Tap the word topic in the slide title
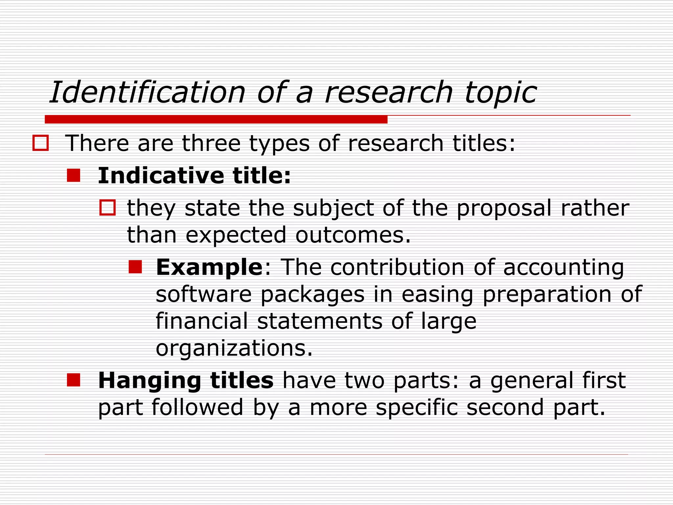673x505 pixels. [x=500, y=93]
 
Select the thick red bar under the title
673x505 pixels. [x=216, y=119]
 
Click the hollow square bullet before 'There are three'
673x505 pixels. [x=41, y=143]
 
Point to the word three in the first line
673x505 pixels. [x=211, y=143]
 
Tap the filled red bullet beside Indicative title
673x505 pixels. [x=74, y=175]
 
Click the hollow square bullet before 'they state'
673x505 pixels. [x=107, y=208]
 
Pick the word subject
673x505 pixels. [x=333, y=208]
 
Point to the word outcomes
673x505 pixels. [x=353, y=235]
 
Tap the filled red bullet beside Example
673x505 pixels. [x=135, y=267]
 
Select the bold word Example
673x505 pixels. [x=209, y=267]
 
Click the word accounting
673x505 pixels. [x=563, y=268]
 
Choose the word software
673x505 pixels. [x=204, y=294]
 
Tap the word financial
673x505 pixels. [x=202, y=321]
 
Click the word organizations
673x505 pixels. [x=234, y=348]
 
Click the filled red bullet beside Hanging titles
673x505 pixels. [x=74, y=380]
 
